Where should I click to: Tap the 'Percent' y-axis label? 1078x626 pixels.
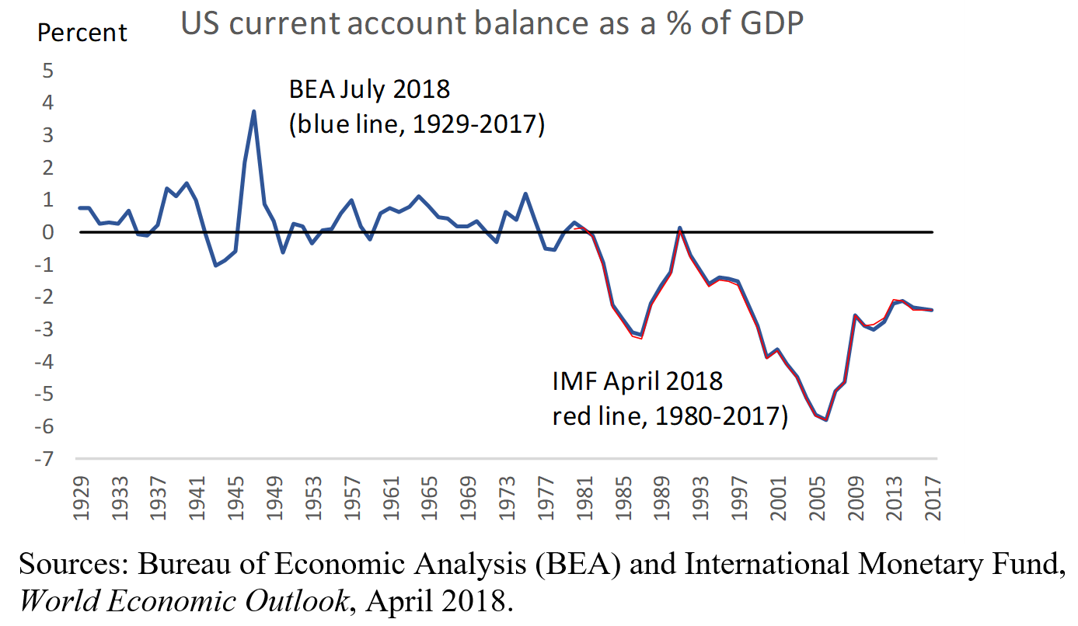point(82,33)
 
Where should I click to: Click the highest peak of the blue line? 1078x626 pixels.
point(254,111)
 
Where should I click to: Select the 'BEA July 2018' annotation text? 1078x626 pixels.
point(369,89)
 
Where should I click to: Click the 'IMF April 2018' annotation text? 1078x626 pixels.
point(637,381)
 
